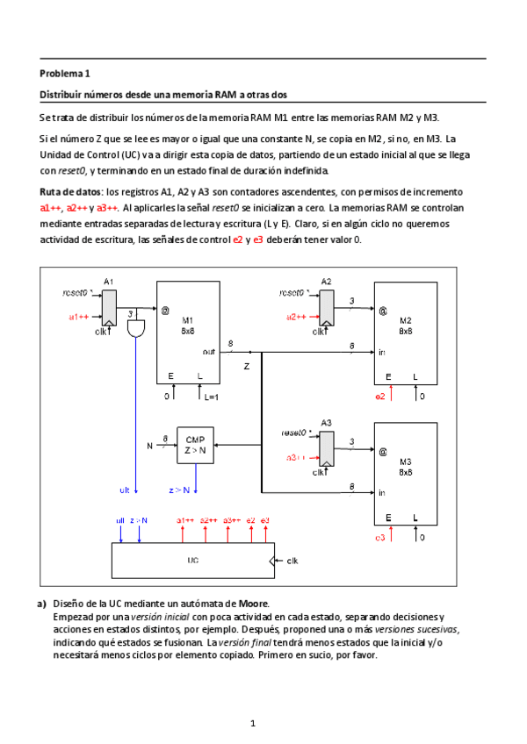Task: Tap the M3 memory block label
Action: click(405, 461)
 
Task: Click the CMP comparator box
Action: click(195, 445)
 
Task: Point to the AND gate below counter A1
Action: click(137, 329)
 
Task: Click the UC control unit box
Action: click(193, 558)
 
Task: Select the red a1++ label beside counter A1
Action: click(79, 317)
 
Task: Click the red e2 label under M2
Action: click(379, 397)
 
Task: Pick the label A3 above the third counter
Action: click(326, 421)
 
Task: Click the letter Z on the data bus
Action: click(247, 363)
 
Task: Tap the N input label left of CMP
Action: click(149, 446)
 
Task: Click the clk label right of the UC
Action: click(292, 559)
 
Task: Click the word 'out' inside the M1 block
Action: click(209, 352)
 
